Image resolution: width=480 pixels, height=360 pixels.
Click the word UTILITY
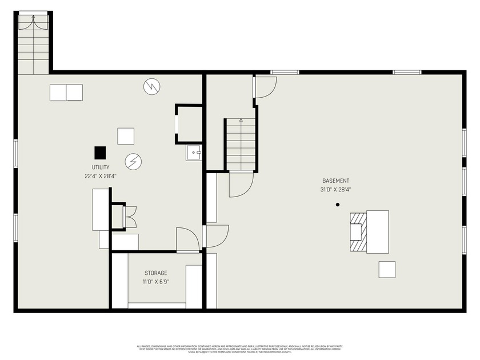point(93,167)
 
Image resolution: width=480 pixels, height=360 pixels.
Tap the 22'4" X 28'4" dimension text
point(93,177)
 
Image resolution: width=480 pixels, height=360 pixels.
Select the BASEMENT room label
point(335,181)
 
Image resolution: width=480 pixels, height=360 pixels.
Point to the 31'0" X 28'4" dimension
point(335,190)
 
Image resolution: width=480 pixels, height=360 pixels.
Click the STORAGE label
point(155,273)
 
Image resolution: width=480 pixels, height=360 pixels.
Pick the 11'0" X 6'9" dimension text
point(155,282)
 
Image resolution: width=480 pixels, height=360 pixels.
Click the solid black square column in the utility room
point(100,153)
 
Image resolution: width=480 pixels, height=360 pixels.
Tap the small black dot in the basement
point(338,204)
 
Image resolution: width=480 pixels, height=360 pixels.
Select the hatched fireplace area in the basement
point(357,232)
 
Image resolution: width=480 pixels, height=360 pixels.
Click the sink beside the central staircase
point(194,153)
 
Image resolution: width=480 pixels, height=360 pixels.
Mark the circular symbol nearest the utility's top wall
point(151,86)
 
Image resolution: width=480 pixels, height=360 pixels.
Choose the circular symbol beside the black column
point(133,162)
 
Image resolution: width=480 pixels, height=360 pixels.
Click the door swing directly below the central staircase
point(241,184)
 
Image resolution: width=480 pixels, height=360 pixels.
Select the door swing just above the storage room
point(187,239)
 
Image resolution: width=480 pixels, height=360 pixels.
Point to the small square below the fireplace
point(387,269)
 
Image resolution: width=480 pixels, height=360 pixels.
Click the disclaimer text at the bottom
point(240,349)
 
